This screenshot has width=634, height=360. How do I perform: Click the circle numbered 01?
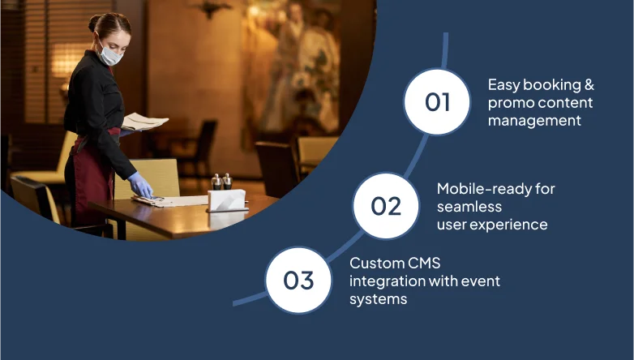point(437,101)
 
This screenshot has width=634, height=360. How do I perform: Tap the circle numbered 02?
point(386,206)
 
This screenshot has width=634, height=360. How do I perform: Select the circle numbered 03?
point(298,281)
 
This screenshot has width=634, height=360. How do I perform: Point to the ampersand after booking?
point(589,85)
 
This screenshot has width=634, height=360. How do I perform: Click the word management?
point(534,121)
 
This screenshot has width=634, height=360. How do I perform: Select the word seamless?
point(469,207)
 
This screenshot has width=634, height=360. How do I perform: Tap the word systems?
point(379,300)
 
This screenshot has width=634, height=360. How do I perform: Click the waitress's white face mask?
point(109,54)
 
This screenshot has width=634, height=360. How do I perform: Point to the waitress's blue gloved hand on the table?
point(140,185)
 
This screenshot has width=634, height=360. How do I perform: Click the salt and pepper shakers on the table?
point(222,182)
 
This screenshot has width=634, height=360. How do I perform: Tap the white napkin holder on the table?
point(227,200)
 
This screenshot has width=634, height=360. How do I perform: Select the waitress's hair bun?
point(93,23)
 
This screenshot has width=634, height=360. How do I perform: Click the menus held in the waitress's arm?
point(144,122)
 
